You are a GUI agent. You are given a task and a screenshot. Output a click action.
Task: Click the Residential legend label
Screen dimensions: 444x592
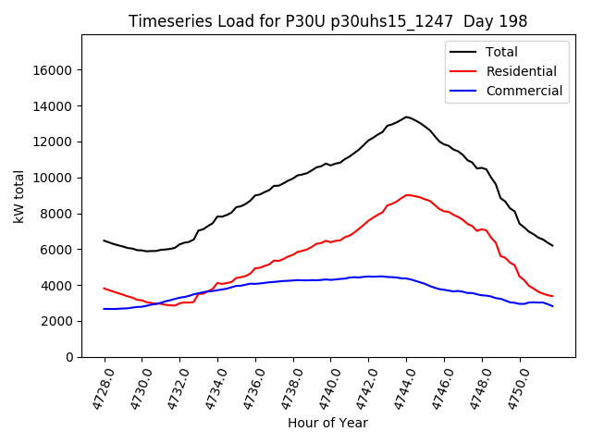coord(521,71)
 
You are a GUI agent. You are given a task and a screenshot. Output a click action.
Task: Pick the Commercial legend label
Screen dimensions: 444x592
coord(524,91)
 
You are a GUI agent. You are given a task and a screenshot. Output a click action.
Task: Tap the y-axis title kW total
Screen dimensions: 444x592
coord(19,196)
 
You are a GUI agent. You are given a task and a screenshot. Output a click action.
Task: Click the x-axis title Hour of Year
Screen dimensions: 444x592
coord(327,423)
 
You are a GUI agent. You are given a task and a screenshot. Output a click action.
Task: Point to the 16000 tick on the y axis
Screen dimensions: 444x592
coord(54,70)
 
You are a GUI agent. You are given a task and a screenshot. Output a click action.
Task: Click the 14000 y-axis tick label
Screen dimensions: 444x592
coord(54,106)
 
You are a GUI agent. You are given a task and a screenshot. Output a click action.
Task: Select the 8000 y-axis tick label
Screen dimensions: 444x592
coord(57,214)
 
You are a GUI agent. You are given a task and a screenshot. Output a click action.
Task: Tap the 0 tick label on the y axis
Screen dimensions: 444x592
coord(70,357)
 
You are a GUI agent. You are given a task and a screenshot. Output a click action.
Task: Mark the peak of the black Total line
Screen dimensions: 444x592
coord(406,117)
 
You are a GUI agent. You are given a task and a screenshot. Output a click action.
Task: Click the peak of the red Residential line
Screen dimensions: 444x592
coord(407,195)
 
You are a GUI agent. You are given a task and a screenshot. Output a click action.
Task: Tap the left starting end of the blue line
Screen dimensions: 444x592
coord(104,309)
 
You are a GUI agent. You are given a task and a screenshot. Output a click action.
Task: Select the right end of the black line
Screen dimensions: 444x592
coord(553,246)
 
